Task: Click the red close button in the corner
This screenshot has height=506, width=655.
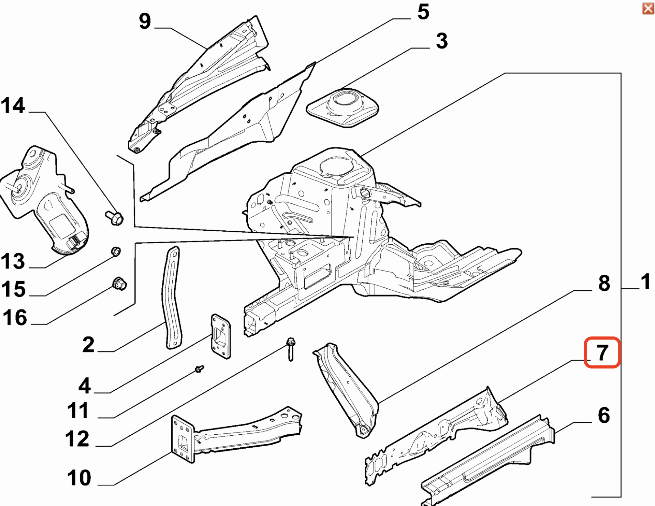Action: tap(648, 8)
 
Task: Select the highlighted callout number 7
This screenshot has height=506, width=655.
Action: tap(602, 352)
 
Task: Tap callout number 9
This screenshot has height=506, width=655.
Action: tap(145, 21)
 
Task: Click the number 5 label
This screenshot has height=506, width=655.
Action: tap(423, 12)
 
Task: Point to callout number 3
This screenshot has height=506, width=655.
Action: tap(442, 41)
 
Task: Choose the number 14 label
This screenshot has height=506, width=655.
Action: tap(13, 105)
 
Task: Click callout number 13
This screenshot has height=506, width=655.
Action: tap(13, 261)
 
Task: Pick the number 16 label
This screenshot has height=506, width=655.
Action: tap(15, 318)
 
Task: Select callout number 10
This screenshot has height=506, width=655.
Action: tap(79, 478)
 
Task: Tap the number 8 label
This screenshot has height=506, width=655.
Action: tap(604, 283)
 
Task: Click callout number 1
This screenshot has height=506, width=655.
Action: tap(645, 282)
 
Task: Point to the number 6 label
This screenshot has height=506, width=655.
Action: tap(604, 415)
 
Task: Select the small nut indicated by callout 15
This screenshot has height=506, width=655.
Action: tap(116, 251)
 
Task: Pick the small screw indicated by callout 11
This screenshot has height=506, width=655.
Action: tap(199, 369)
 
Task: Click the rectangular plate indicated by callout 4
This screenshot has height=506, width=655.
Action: tap(220, 336)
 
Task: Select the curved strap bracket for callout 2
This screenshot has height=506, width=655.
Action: tap(173, 297)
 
